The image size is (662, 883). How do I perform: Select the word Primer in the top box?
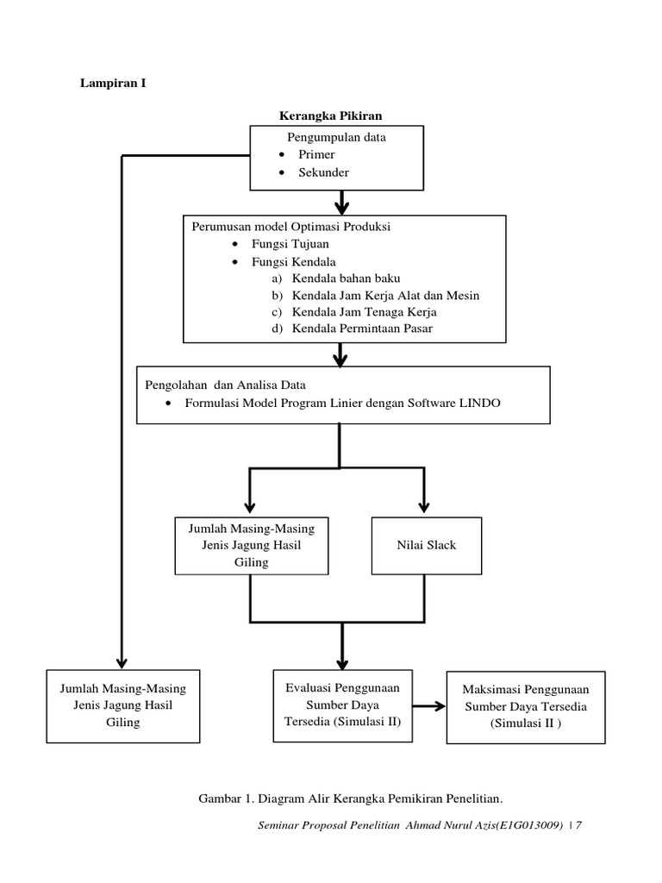316,154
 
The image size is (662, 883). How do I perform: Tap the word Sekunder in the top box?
323,172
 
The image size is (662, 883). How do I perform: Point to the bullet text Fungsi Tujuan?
284,244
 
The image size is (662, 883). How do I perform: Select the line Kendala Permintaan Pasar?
362,329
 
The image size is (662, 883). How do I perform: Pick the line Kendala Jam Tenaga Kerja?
364,312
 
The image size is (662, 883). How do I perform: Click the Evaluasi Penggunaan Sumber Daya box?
341,705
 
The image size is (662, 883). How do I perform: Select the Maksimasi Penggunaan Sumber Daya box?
513,707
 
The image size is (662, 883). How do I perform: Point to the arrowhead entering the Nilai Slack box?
423,507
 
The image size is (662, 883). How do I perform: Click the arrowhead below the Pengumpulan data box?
341,207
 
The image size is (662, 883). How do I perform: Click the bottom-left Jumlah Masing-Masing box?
124,706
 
